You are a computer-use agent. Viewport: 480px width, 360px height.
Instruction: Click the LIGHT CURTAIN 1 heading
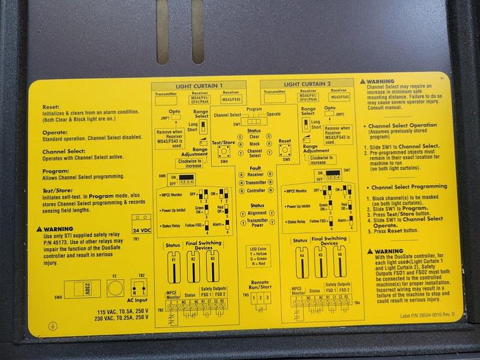(200, 85)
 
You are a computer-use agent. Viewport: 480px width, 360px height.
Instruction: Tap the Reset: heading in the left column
(52, 108)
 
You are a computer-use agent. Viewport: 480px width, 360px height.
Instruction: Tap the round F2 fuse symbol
(115, 287)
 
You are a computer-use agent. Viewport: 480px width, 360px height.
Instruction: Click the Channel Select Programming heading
(407, 187)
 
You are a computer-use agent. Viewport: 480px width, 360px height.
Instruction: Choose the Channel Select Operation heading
(402, 126)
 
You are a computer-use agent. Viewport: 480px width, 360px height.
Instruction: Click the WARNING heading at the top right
(381, 82)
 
